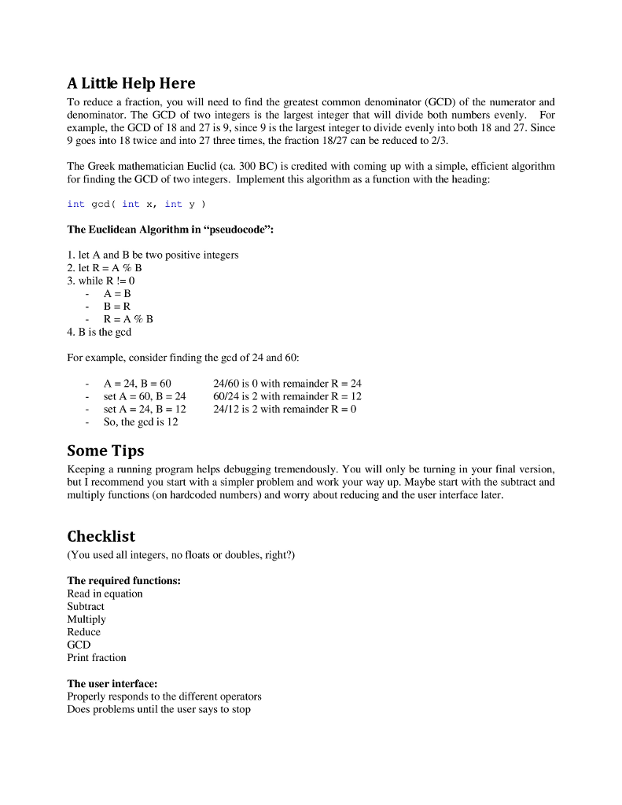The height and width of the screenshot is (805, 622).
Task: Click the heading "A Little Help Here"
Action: point(131,83)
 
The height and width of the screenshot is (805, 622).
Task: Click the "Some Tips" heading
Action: point(105,451)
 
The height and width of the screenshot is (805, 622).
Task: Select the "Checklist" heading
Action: point(101,537)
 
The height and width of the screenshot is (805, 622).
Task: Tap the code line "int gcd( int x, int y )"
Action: point(137,204)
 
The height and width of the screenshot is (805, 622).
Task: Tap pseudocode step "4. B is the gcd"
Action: point(99,332)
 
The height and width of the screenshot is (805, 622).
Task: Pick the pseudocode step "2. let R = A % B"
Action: point(105,268)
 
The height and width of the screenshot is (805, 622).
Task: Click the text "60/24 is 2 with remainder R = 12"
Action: point(287,397)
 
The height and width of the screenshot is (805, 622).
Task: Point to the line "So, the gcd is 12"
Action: point(141,422)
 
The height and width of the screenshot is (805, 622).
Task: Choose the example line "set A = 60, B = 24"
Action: point(145,397)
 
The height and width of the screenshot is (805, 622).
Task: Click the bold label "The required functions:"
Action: point(124,581)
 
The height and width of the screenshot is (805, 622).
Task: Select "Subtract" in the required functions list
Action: point(86,607)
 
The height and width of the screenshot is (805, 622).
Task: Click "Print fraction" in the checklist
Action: point(97,658)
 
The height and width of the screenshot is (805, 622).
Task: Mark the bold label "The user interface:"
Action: point(112,684)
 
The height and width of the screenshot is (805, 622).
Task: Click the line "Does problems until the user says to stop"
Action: point(159,709)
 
